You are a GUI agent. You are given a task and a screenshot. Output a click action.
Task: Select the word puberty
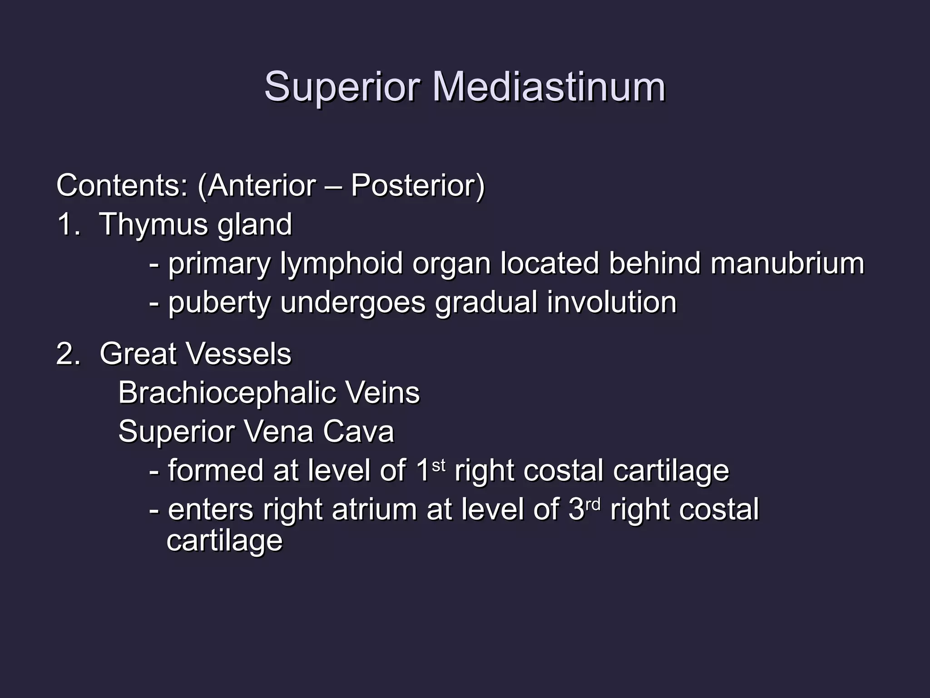219,302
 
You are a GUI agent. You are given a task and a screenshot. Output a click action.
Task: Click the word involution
612,302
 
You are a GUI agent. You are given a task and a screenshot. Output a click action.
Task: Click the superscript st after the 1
438,465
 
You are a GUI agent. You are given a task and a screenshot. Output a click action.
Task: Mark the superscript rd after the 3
593,504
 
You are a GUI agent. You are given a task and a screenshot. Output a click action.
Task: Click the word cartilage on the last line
225,541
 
